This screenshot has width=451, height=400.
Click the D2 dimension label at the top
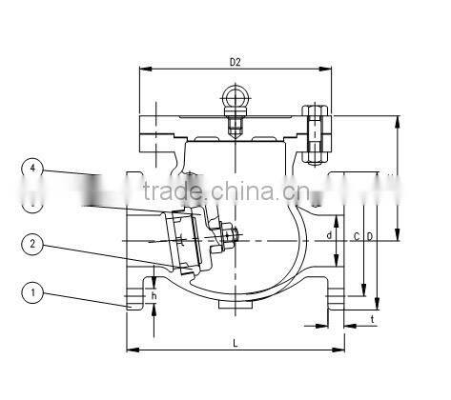pyautogui.click(x=235, y=63)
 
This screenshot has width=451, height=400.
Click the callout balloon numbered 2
pyautogui.click(x=33, y=244)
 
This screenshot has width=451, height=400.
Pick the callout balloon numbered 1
pyautogui.click(x=33, y=292)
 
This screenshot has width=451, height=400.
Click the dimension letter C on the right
pyautogui.click(x=356, y=235)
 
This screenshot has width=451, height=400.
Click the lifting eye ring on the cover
pyautogui.click(x=235, y=98)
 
